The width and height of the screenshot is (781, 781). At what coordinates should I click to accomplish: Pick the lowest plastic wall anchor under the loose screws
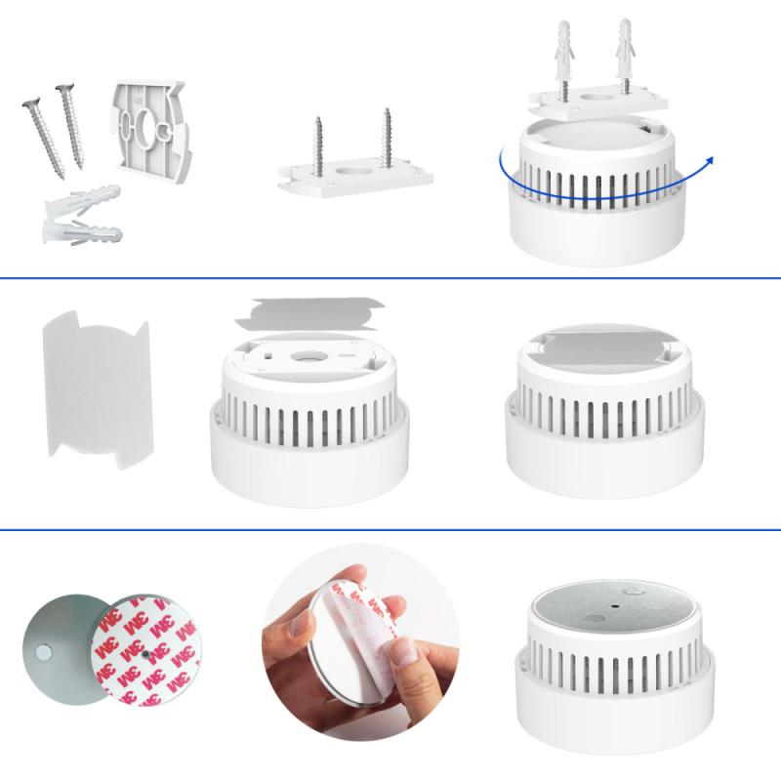(x=78, y=233)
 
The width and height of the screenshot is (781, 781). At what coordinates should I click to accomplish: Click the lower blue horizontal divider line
(x=390, y=530)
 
